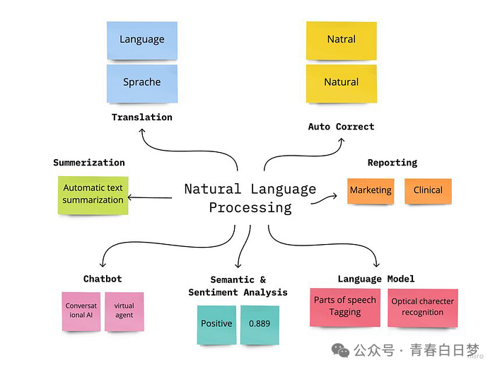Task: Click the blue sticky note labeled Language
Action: (x=142, y=40)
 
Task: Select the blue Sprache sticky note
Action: (x=142, y=82)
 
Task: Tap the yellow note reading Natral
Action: (x=341, y=40)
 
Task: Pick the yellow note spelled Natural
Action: (x=341, y=82)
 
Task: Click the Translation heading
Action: (x=142, y=117)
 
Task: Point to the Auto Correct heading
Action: (x=341, y=127)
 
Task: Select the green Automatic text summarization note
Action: (x=93, y=195)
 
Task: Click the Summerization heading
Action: (x=89, y=163)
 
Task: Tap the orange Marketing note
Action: (x=371, y=190)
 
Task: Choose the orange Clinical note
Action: (x=428, y=190)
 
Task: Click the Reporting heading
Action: (x=392, y=163)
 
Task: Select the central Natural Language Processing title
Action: (x=250, y=198)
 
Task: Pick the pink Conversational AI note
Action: (x=81, y=311)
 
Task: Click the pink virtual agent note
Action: (x=124, y=311)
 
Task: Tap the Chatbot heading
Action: (x=103, y=279)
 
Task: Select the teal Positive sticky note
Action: (x=216, y=324)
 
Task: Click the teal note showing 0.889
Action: (x=260, y=324)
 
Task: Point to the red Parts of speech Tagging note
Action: (x=345, y=306)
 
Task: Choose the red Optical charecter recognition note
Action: (x=422, y=307)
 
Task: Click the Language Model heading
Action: (x=376, y=279)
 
